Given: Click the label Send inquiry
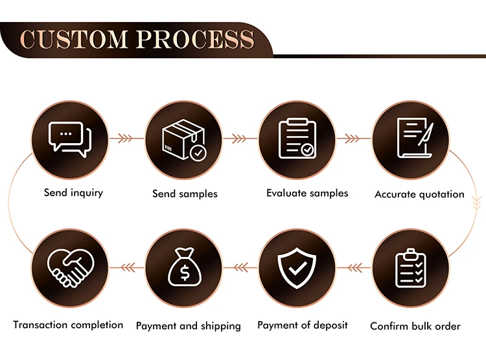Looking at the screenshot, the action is [x=73, y=192].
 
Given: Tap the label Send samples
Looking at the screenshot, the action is [x=185, y=194].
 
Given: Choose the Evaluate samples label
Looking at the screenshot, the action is [x=307, y=193].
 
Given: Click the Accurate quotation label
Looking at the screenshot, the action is [x=419, y=194].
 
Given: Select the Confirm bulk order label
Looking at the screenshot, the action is [x=415, y=326].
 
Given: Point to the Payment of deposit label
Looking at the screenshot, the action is [x=303, y=325].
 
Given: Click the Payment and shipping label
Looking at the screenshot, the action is [x=188, y=326].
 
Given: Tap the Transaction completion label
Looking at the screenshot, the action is [x=68, y=325].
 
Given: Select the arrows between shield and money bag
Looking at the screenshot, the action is [x=240, y=265].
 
